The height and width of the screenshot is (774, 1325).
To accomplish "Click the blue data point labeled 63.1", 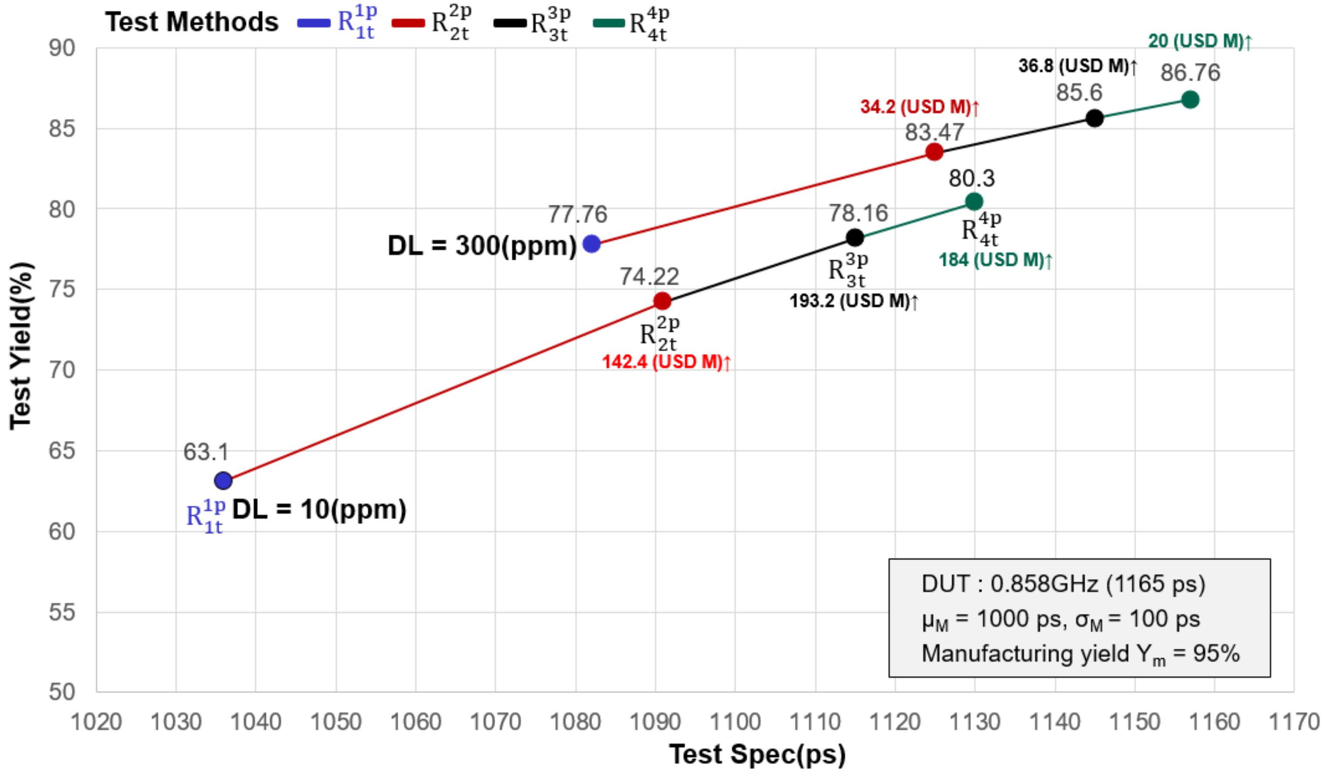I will coord(223,480).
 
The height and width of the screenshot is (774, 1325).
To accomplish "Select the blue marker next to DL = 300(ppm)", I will coord(592,244).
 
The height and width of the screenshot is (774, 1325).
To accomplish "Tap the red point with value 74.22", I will coord(662,301).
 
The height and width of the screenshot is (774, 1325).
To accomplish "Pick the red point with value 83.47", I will coord(934,152).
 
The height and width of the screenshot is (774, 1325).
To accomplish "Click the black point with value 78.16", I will coord(855,238).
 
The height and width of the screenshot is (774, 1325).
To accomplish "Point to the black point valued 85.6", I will coord(1095,118).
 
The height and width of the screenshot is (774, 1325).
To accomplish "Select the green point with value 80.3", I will coord(974,201).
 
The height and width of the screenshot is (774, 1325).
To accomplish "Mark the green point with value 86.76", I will coord(1190,100).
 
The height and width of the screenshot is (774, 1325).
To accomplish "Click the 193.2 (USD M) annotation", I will coord(853,301).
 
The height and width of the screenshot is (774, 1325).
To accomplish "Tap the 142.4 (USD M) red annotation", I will coord(666,362).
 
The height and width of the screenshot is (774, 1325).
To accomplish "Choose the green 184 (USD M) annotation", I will coord(995,260).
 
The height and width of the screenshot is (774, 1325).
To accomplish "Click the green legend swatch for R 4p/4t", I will coord(608,23).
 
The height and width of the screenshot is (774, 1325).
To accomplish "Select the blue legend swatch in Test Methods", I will coord(313,23).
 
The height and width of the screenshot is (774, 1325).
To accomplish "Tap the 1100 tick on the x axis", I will coord(735,721).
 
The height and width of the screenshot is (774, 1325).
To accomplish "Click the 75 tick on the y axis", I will coord(62,290).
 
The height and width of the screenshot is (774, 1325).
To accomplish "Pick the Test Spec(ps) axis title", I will coord(757,754).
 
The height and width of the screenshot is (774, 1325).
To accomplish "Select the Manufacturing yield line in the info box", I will coord(1080,654).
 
